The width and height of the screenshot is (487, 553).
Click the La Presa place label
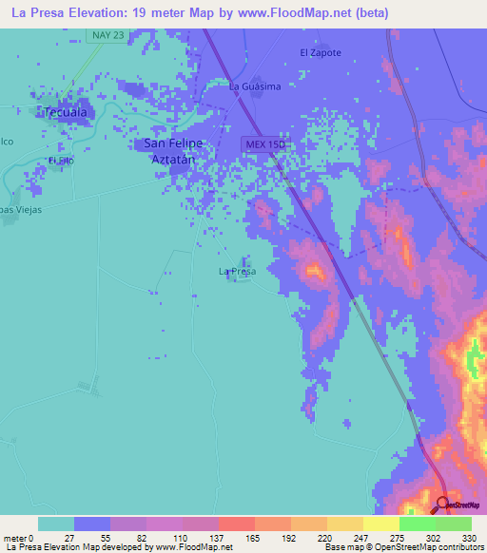(x=238, y=272)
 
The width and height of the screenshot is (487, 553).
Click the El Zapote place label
(x=320, y=53)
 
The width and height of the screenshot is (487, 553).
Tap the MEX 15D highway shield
(x=263, y=143)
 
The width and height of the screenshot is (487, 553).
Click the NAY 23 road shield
(x=107, y=35)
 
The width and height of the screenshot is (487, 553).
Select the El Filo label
(x=61, y=160)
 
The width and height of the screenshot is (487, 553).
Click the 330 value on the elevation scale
(x=469, y=538)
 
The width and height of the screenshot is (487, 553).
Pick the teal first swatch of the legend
(x=55, y=524)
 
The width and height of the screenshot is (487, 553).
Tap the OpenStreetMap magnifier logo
(x=442, y=505)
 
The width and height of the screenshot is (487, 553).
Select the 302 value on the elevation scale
(x=433, y=538)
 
